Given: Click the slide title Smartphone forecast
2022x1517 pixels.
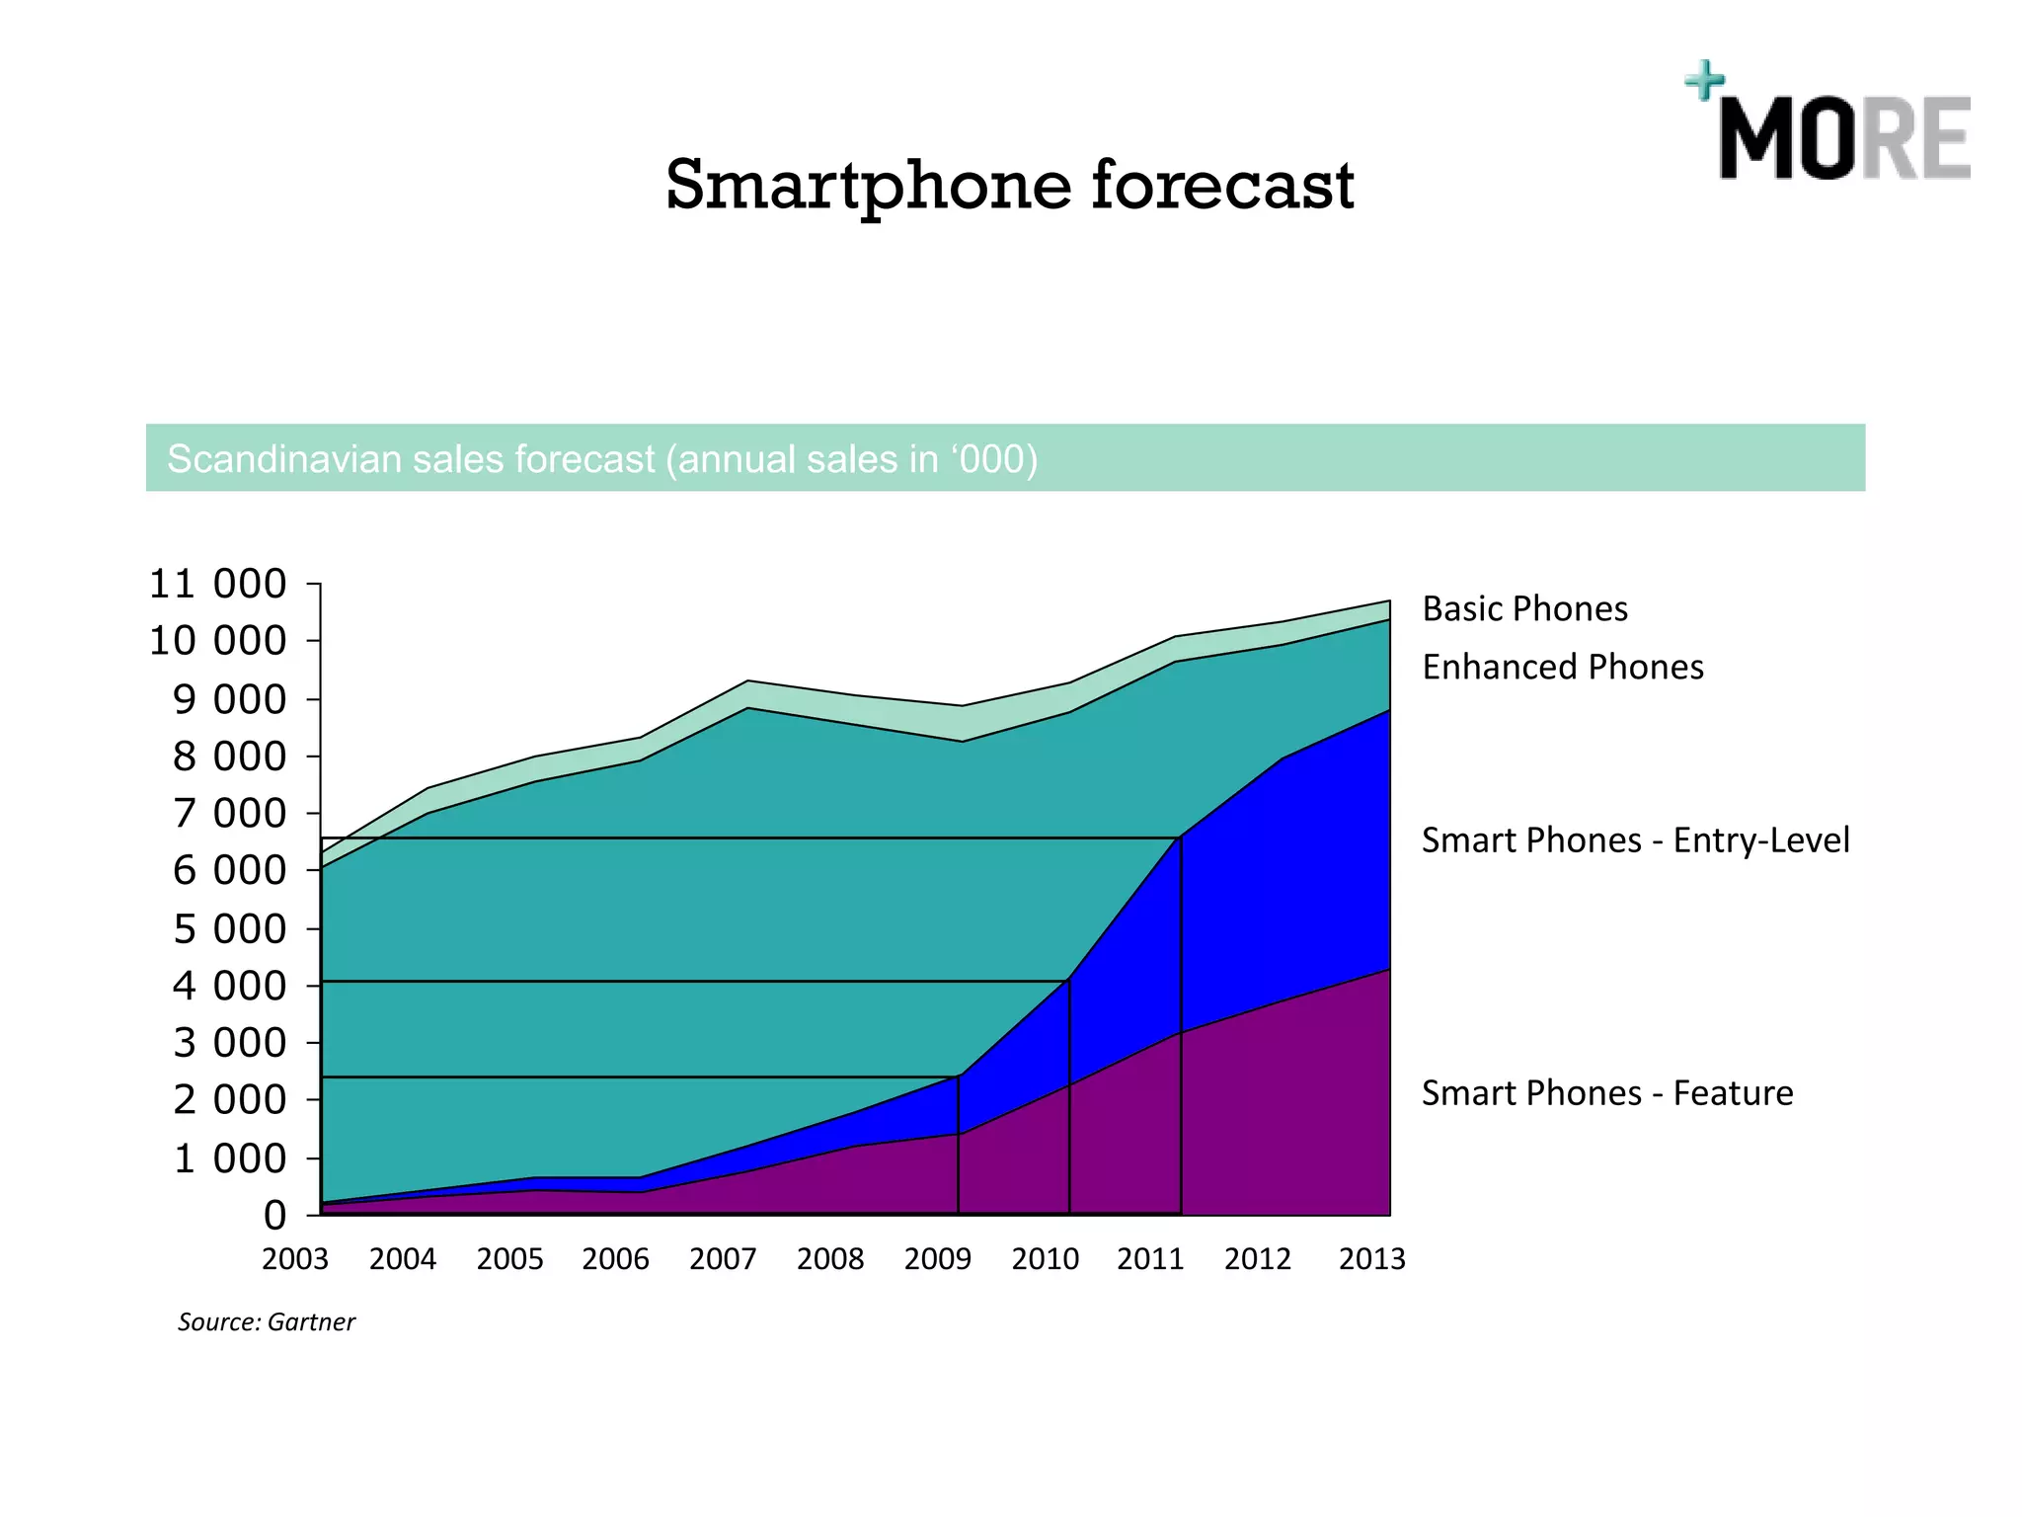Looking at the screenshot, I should [x=1009, y=186].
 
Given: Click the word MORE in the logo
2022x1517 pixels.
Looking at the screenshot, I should [x=1844, y=138].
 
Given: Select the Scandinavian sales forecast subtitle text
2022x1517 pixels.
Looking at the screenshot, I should [x=602, y=459].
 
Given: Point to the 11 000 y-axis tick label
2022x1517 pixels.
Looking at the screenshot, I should [x=217, y=584].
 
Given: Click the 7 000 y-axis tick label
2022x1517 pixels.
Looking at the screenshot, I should [x=229, y=814].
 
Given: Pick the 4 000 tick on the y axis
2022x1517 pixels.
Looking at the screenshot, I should [x=229, y=986].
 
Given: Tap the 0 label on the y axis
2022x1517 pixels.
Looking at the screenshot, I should [x=274, y=1215].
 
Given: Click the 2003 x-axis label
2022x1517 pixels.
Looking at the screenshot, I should [x=294, y=1259].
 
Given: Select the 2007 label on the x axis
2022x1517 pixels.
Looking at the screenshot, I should [x=723, y=1259].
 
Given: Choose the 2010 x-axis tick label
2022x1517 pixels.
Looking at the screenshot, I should [x=1045, y=1259].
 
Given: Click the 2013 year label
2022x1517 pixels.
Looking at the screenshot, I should [x=1371, y=1259].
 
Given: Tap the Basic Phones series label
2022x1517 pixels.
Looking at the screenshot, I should [x=1524, y=608].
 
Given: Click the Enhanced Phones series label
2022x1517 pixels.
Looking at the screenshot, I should [x=1562, y=667].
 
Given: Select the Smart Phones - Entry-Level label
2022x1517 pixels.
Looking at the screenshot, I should [x=1635, y=839].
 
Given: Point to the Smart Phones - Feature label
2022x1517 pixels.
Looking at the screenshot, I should [x=1606, y=1093].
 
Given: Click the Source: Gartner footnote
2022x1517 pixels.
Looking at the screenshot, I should [x=266, y=1321].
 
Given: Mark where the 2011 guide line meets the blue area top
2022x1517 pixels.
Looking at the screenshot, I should [x=1180, y=838].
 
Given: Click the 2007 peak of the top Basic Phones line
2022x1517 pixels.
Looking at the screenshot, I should [x=748, y=681].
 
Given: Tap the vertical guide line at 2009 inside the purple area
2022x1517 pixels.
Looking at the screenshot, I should [x=958, y=1175].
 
